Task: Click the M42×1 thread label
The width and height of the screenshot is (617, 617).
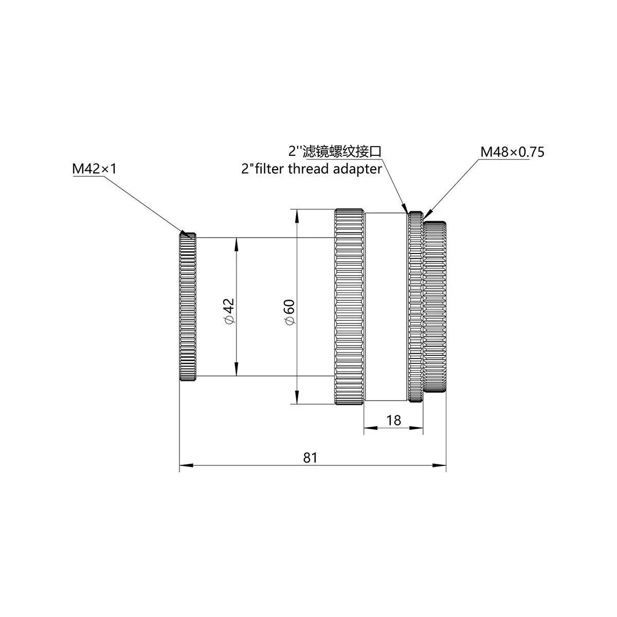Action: (95, 169)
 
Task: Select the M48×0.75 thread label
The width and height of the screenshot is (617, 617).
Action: (512, 152)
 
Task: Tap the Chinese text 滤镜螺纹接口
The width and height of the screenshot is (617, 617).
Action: (342, 151)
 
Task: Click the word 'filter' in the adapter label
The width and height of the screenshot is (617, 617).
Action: (270, 169)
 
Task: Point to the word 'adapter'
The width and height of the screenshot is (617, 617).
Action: (357, 169)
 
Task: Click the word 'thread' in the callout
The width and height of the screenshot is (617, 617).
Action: (308, 169)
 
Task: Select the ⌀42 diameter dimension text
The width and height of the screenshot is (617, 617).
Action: (229, 311)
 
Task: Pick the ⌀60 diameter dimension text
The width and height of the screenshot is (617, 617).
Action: (290, 312)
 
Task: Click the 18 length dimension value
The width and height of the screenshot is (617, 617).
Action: (393, 421)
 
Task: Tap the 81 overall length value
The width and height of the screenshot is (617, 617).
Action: (310, 458)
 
